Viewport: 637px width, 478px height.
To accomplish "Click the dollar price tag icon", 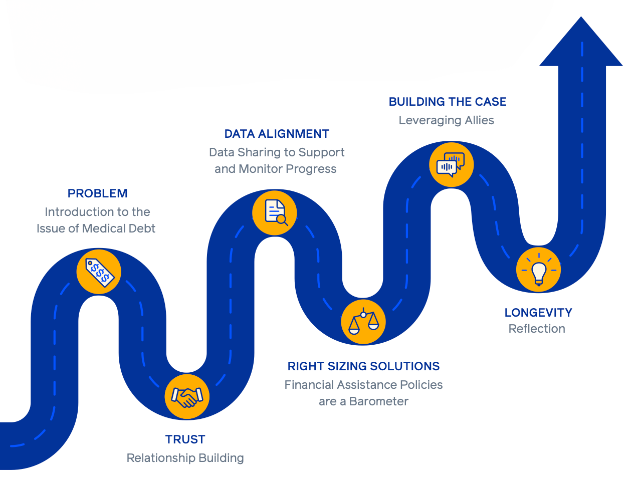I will [x=99, y=272].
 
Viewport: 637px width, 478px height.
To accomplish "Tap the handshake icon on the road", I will [x=187, y=396].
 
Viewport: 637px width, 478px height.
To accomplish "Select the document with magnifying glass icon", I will [x=275, y=212].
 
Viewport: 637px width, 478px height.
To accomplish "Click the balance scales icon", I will [x=363, y=322].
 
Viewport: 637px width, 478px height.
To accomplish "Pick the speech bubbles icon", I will [x=451, y=164].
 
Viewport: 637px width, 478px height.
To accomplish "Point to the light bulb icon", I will [x=539, y=270].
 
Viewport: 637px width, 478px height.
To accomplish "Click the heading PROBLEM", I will [x=98, y=193].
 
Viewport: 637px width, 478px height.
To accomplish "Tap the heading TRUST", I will [x=185, y=439].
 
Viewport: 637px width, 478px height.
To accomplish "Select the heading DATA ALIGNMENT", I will [x=277, y=134].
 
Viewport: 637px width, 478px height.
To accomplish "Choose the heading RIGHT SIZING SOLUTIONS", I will [x=363, y=366].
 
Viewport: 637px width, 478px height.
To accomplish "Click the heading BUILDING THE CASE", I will [x=448, y=102].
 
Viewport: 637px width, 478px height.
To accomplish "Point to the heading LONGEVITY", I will [x=538, y=313].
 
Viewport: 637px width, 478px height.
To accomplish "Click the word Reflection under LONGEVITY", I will [x=537, y=329].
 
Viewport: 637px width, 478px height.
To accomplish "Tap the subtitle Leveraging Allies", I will [x=446, y=120].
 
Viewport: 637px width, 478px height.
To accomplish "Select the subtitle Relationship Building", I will [x=185, y=458].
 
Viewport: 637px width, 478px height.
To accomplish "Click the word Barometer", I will [x=379, y=401].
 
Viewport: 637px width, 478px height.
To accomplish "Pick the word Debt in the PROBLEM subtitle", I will [x=142, y=228].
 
